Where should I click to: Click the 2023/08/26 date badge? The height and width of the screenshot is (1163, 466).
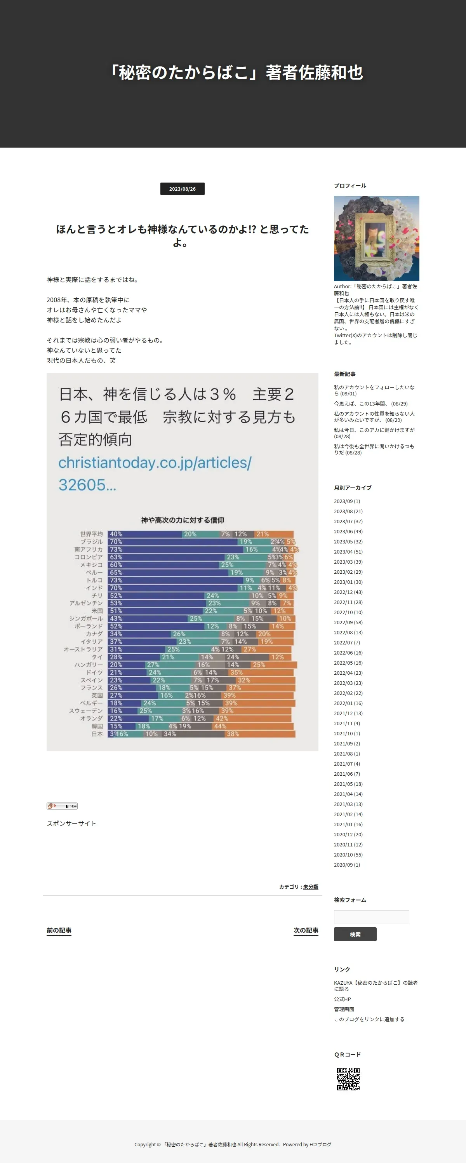(183, 189)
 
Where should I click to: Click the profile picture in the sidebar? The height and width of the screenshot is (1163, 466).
(376, 239)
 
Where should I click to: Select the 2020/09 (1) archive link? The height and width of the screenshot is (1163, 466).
(346, 865)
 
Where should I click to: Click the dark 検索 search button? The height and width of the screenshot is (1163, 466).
(355, 934)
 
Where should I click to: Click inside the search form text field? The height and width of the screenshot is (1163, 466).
(371, 917)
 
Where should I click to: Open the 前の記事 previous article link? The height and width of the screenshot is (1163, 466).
(59, 930)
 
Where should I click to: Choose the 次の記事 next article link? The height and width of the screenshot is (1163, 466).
(306, 930)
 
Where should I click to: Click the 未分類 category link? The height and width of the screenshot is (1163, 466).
(310, 887)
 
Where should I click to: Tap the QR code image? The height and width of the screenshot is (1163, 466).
(348, 1079)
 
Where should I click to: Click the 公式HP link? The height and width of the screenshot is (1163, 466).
(342, 999)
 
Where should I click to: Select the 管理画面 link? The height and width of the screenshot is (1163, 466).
(344, 1009)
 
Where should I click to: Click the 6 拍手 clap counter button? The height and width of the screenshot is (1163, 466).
(62, 806)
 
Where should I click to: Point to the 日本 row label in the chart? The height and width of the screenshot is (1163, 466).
(97, 734)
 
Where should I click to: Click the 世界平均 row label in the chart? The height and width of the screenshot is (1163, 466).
(91, 534)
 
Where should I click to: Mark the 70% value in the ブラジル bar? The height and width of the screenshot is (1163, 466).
(116, 541)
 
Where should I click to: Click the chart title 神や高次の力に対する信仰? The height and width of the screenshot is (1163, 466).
(183, 520)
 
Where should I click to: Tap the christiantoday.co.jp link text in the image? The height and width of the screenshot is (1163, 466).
(155, 462)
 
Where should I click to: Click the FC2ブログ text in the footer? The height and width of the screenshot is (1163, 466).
(320, 1144)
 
